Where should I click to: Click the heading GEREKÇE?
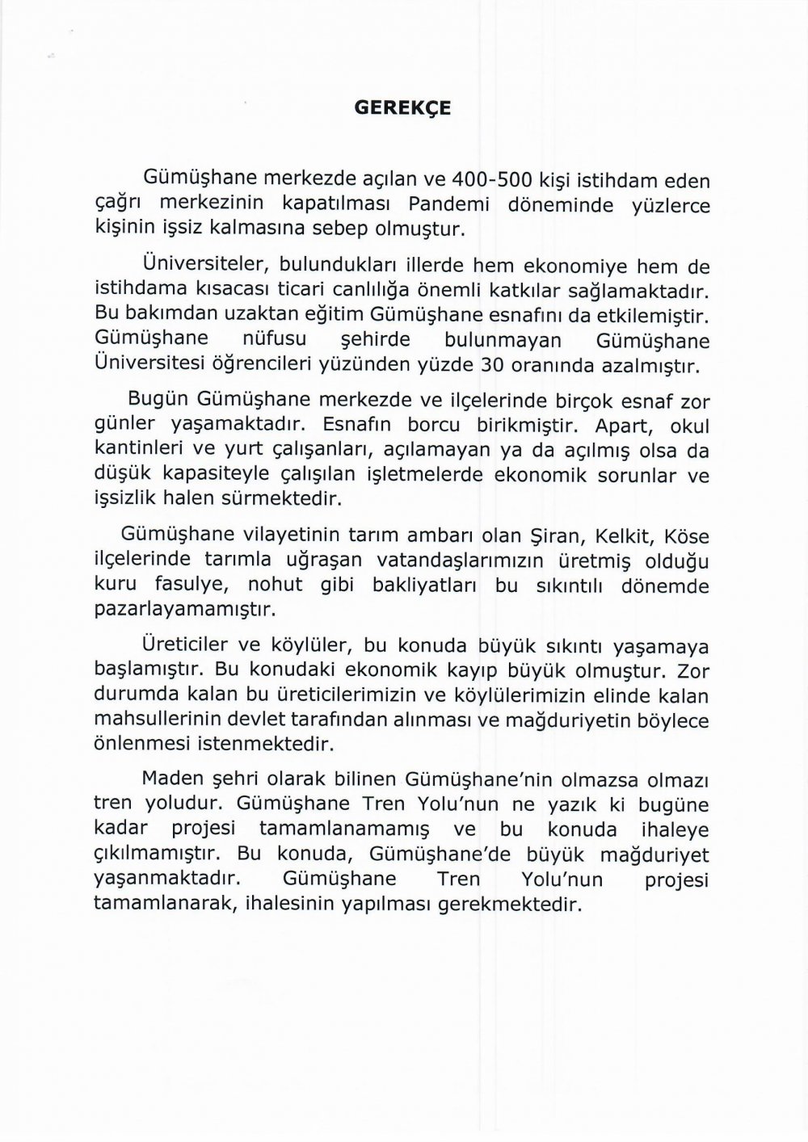[403, 109]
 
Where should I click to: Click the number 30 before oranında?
[492, 364]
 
